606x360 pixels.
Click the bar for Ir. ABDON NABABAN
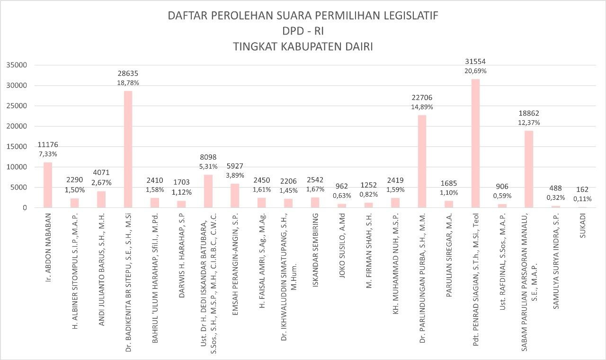48,185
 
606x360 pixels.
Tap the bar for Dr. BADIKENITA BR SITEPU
128,149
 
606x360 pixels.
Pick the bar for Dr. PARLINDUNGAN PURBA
422,161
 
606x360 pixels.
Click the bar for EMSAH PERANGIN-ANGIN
235,195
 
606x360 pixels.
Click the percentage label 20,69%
475,71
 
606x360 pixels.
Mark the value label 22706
422,98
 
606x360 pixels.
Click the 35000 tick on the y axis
17,65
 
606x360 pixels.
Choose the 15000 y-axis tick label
17,147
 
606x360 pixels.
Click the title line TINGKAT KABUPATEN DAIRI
303,47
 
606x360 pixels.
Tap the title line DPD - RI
303,31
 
